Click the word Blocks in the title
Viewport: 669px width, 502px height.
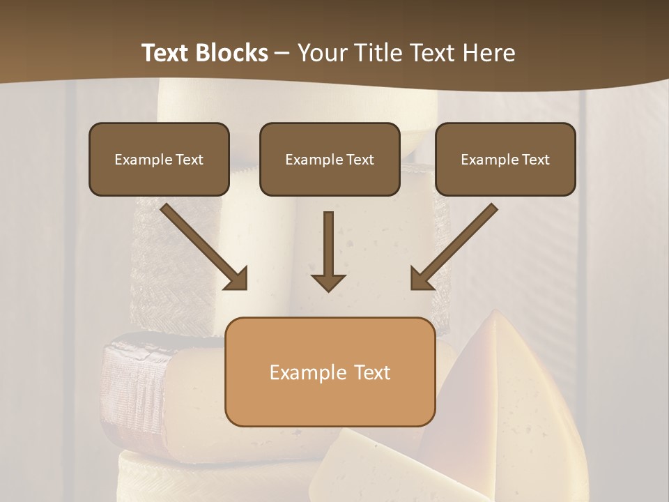(231, 53)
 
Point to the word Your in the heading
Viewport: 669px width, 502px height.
(322, 53)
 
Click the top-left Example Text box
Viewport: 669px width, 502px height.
(159, 159)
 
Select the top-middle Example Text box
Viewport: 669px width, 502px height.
(330, 159)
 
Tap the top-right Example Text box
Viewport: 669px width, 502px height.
(505, 159)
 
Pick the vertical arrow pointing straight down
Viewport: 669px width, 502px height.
(328, 251)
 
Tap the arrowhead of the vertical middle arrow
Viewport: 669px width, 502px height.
(328, 282)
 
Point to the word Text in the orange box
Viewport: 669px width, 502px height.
(373, 372)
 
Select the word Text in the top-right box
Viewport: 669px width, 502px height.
(535, 160)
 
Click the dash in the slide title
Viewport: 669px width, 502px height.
(282, 53)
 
